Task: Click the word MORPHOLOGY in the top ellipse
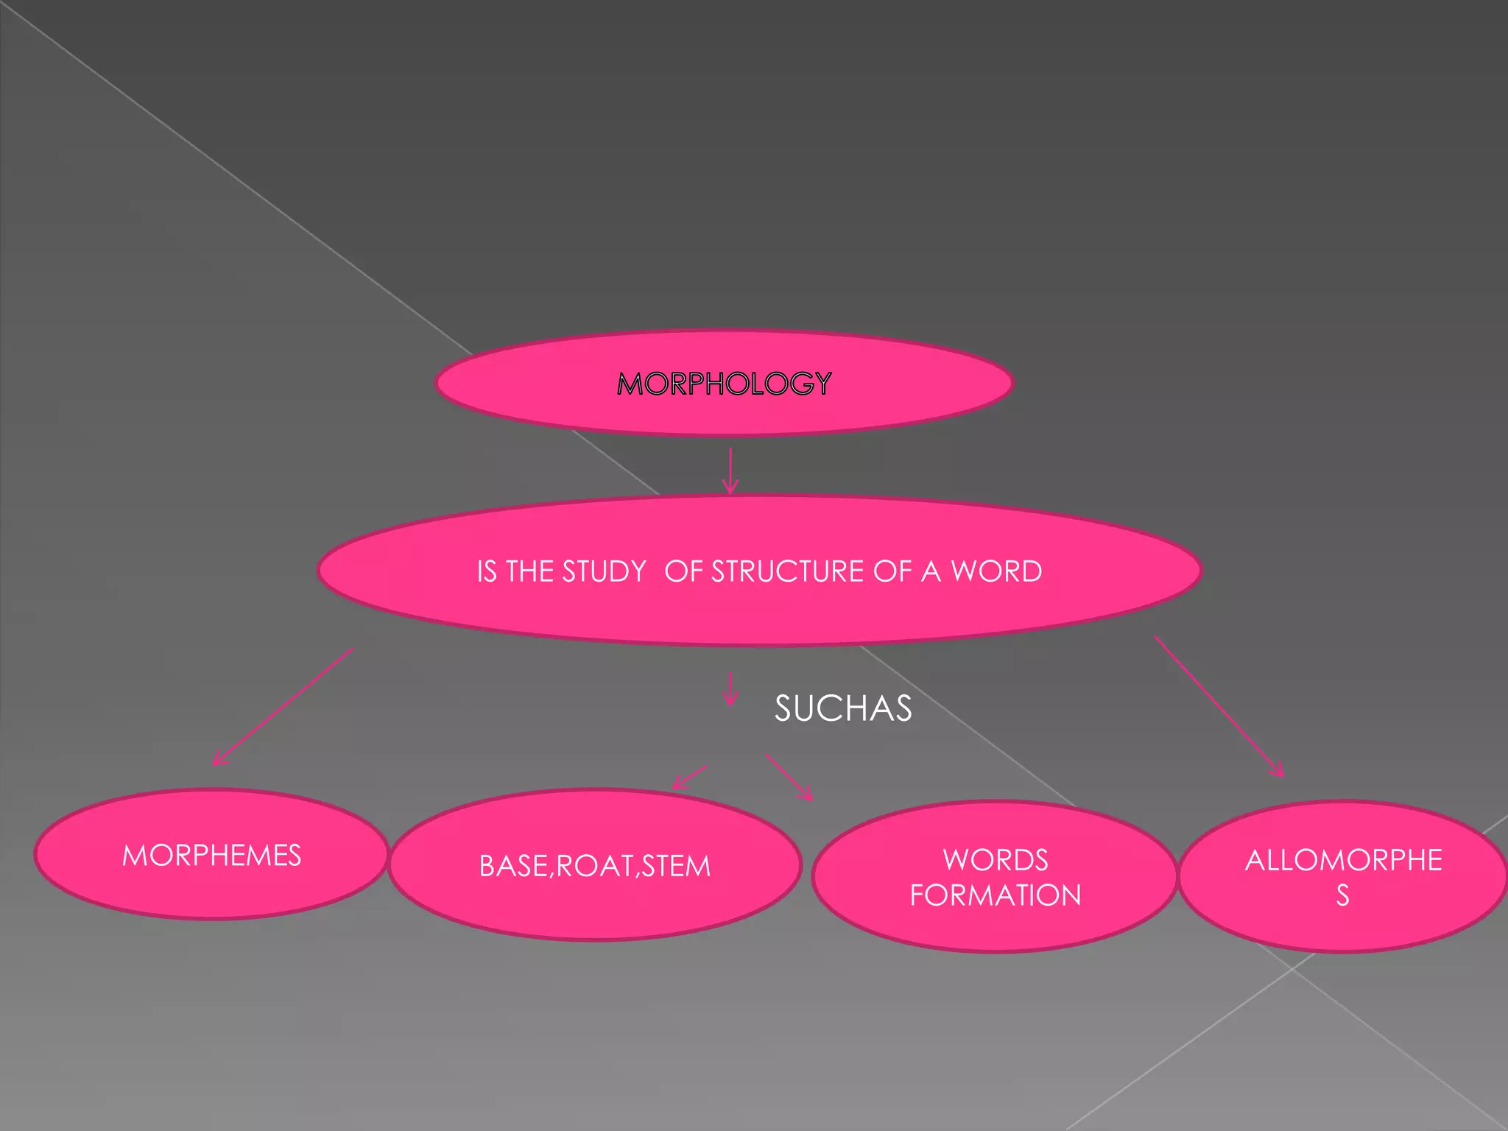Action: [x=725, y=384]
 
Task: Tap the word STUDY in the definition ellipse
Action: [x=604, y=572]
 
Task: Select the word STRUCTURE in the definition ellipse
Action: [x=787, y=572]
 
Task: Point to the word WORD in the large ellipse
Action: [x=996, y=572]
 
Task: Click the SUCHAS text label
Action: [x=843, y=708]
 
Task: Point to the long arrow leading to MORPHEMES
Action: [x=283, y=706]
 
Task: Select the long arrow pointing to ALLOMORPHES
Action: [x=1219, y=706]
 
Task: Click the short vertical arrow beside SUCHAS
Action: [x=730, y=688]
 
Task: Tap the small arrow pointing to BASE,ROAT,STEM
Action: [x=690, y=778]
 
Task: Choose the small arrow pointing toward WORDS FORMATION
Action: [x=789, y=777]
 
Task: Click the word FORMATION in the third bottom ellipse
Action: [x=996, y=895]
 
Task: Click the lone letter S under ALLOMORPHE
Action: [x=1343, y=895]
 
